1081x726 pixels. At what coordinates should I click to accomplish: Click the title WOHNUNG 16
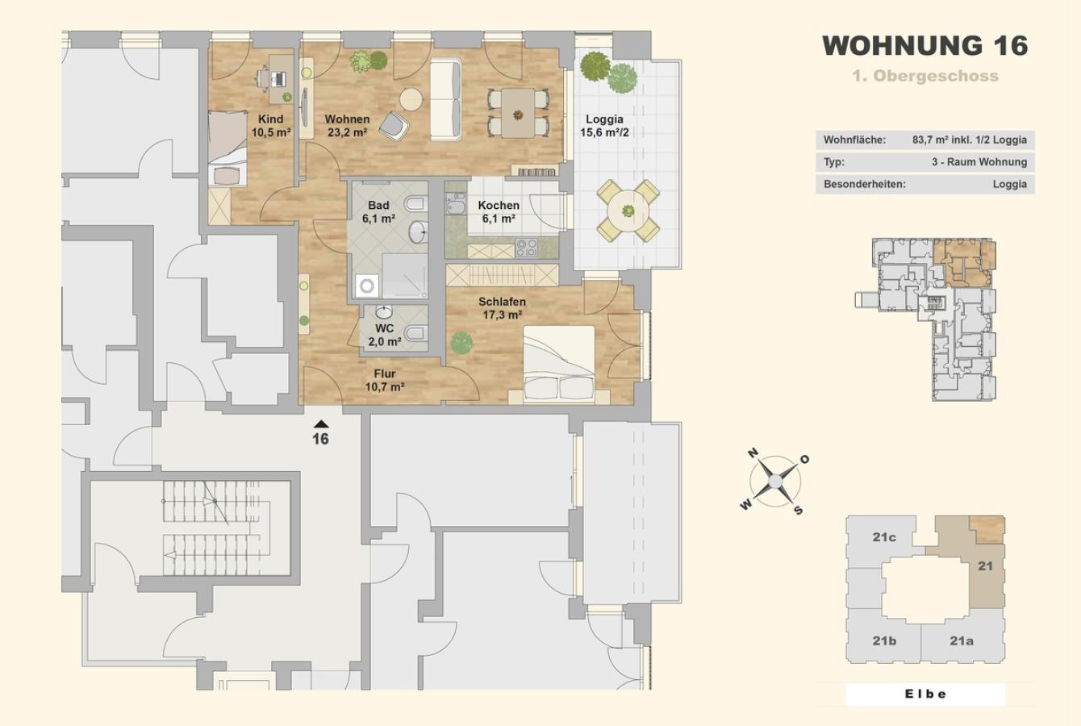924,46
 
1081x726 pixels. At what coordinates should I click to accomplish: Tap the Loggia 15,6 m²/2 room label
604,126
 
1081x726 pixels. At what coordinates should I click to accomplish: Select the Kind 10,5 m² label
271,126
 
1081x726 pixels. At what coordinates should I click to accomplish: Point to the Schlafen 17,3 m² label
502,308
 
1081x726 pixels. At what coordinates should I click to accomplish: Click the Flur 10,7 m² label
385,380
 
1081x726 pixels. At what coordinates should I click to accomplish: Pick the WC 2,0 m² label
385,335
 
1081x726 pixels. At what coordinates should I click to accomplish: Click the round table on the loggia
628,211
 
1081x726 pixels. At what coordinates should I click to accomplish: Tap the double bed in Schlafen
559,365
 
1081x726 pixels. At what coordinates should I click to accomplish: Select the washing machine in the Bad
367,286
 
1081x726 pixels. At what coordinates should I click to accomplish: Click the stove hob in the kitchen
527,248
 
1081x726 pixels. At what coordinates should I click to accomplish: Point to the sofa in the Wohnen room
445,99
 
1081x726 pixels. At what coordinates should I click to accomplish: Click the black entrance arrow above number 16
321,424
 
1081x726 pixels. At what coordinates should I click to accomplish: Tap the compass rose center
775,482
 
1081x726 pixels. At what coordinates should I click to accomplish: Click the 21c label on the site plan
884,536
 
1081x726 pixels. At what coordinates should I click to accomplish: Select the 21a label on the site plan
962,640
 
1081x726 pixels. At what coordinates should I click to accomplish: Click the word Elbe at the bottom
925,695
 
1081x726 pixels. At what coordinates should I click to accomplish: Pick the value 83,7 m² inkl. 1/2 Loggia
970,140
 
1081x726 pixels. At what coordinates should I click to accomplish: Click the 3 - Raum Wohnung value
979,162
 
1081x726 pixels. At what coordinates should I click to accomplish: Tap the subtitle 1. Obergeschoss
925,76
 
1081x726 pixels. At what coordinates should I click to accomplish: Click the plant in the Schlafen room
461,342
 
